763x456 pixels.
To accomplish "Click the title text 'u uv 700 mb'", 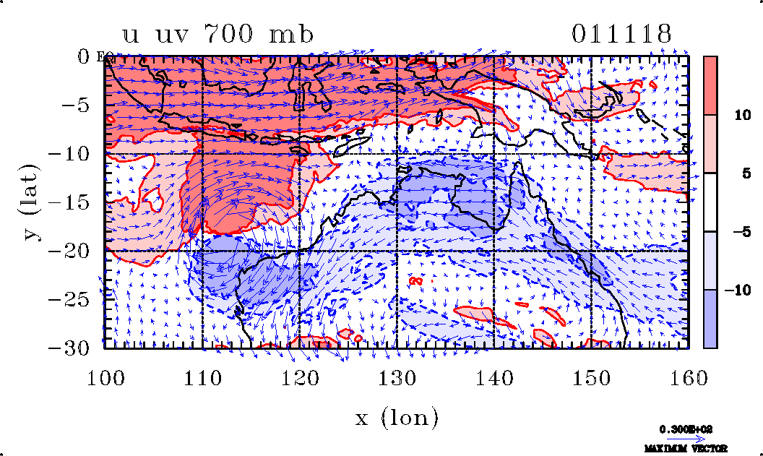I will tap(217, 34).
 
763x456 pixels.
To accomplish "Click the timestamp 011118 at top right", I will tap(622, 34).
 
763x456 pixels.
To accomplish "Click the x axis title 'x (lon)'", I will tap(397, 417).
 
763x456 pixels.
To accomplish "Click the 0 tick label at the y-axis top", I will tap(83, 56).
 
